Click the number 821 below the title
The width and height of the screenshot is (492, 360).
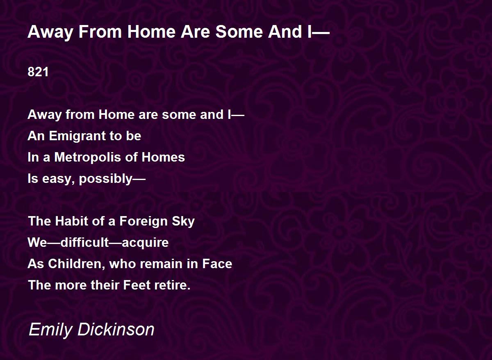click(x=38, y=72)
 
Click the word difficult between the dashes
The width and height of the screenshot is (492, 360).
click(x=85, y=242)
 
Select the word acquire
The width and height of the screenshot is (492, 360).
click(x=145, y=243)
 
